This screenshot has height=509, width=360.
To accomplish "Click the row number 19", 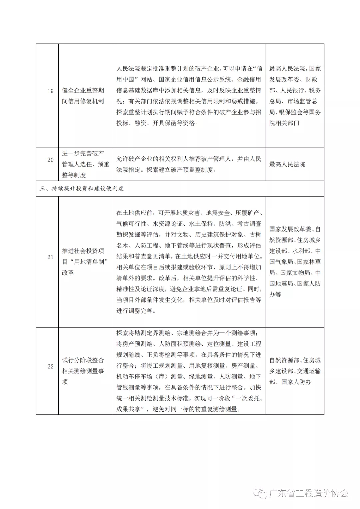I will [x=50, y=91].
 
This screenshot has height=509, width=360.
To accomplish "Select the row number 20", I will [x=50, y=160].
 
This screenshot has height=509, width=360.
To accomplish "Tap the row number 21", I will [x=50, y=257].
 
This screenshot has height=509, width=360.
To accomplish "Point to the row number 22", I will [x=50, y=366].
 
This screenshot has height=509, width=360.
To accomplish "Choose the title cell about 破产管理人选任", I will [x=86, y=164].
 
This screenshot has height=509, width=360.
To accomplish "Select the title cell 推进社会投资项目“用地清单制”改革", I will [x=85, y=262].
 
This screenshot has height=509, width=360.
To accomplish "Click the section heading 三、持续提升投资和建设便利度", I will [x=82, y=189].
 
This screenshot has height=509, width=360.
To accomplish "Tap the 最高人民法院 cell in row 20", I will [x=287, y=164].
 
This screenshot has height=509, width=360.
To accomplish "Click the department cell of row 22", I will [x=295, y=371].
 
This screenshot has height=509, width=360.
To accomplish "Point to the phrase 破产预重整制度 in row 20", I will [x=190, y=170].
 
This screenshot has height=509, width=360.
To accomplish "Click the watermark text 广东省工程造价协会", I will [x=308, y=493].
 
